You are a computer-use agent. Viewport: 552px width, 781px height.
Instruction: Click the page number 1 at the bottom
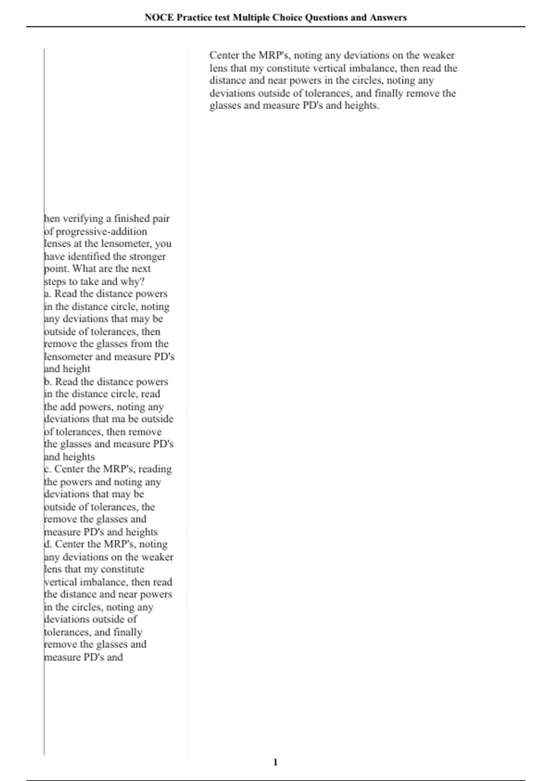click(x=276, y=762)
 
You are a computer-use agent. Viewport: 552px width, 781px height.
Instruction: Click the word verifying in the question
click(x=86, y=219)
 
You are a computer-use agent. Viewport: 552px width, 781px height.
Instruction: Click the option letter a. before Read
click(x=47, y=294)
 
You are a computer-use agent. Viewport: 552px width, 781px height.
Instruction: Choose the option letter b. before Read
click(x=48, y=382)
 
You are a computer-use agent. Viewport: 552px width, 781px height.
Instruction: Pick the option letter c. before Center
click(x=47, y=469)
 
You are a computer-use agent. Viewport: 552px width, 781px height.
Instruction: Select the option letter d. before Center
click(x=48, y=544)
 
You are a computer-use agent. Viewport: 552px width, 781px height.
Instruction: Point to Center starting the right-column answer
click(x=224, y=56)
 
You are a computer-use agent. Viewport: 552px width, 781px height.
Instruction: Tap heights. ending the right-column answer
click(x=362, y=106)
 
